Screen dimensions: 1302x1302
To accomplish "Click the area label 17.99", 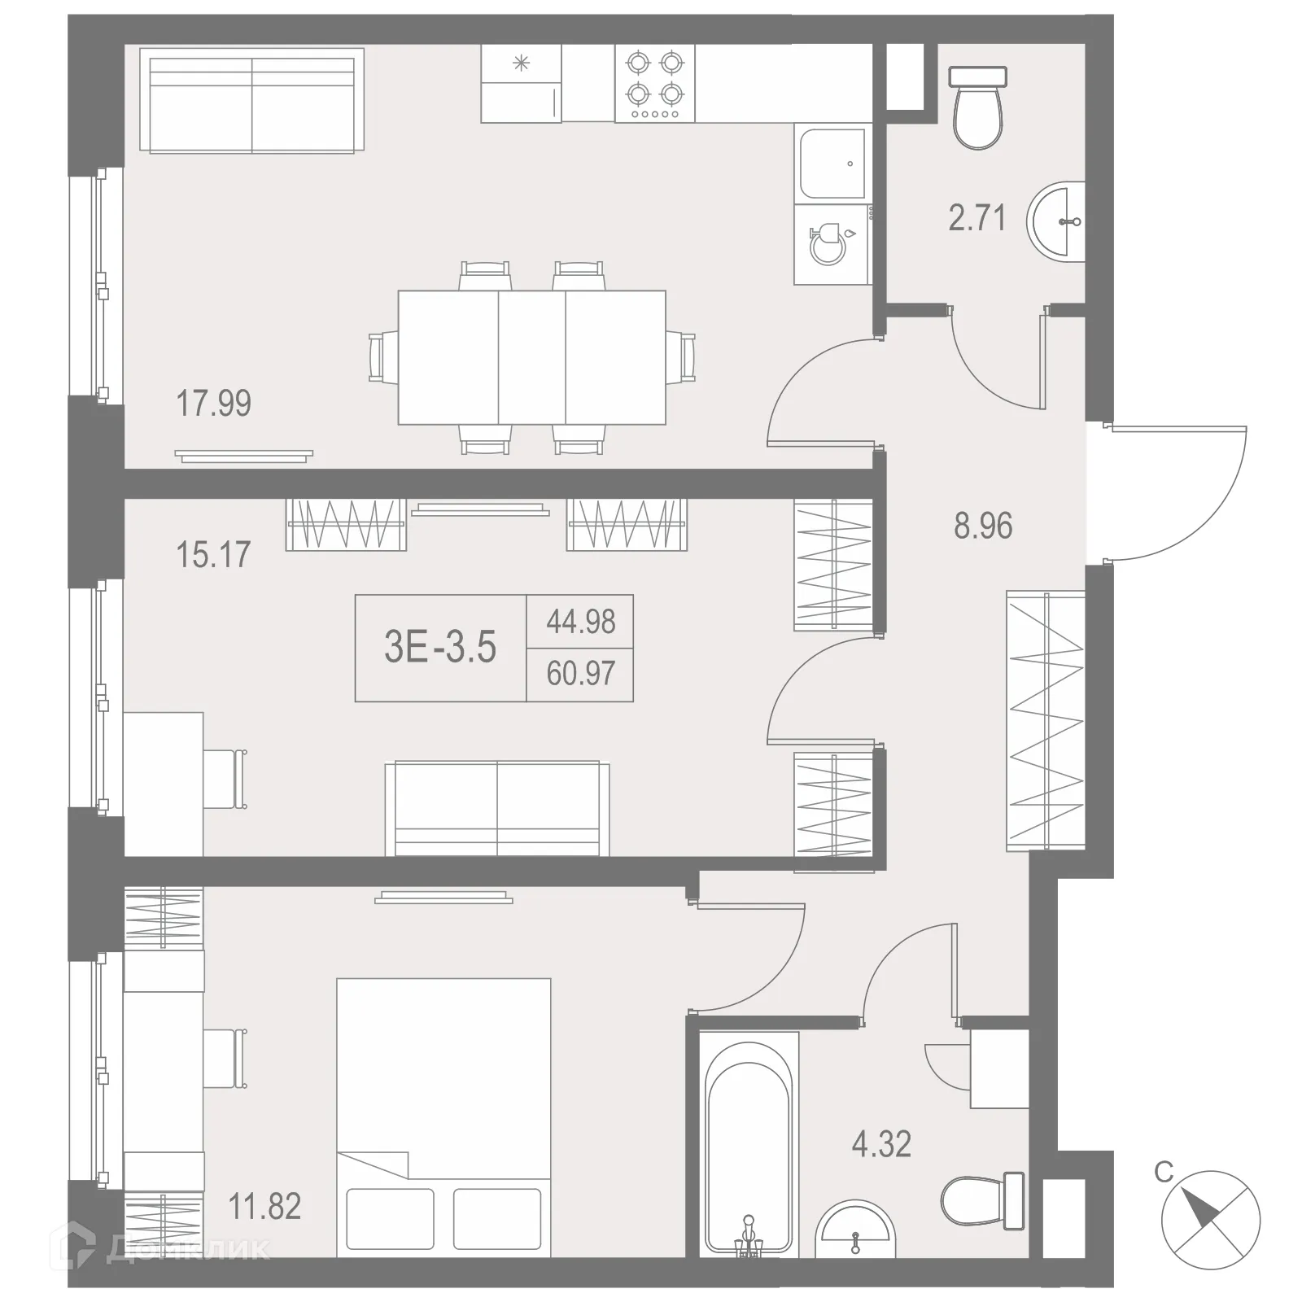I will point(214,404).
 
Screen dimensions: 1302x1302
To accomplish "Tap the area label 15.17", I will point(213,555).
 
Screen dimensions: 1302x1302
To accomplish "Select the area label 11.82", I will point(264,1206).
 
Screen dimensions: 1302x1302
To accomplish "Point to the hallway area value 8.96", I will point(983,526).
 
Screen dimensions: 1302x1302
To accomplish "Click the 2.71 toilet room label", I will point(976,218).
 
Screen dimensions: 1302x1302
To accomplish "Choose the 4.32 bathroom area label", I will point(881,1144).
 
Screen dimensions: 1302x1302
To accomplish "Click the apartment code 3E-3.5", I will point(440,648).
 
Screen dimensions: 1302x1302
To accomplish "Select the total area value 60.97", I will point(580,674).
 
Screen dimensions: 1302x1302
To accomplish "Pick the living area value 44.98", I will point(580,622).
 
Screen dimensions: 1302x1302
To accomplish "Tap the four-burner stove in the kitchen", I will point(655,83).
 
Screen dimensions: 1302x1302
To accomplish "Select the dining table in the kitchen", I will point(531,357).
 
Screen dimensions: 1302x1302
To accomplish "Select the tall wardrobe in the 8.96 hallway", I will point(1046,720).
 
